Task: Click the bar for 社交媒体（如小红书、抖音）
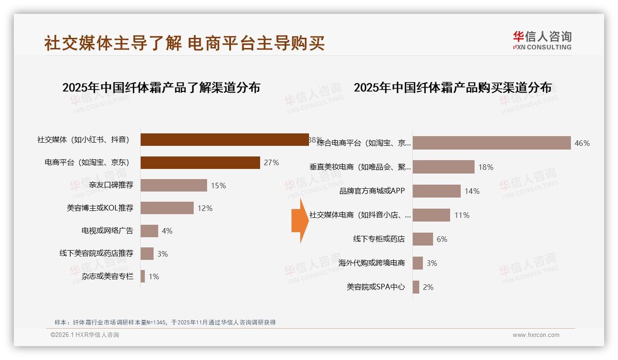click(x=224, y=140)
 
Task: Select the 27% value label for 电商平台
click(x=271, y=162)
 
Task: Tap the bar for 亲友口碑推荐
click(x=173, y=186)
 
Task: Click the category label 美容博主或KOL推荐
click(x=100, y=208)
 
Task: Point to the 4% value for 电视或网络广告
click(x=167, y=231)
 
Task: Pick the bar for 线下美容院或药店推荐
click(x=147, y=253)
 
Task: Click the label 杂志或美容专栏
click(x=107, y=276)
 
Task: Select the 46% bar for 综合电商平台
click(x=492, y=143)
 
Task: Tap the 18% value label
click(x=486, y=167)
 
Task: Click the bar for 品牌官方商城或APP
click(x=436, y=191)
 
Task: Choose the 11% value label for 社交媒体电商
click(x=462, y=215)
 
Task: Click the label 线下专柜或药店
click(x=379, y=239)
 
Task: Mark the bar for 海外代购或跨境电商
click(x=417, y=263)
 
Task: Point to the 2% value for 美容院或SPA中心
click(x=428, y=287)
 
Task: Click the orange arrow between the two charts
click(x=299, y=221)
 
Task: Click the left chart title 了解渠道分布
click(x=161, y=87)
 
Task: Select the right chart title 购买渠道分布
click(x=452, y=87)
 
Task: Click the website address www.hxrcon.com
click(x=536, y=335)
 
